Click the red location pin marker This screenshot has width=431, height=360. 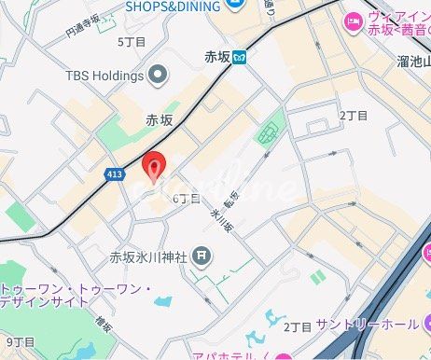(x=153, y=165)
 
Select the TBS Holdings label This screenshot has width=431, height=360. (x=104, y=75)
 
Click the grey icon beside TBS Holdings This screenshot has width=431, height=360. (x=157, y=74)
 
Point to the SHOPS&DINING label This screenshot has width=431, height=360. (x=172, y=6)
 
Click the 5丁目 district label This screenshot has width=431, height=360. (x=132, y=42)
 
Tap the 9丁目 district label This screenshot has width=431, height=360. (x=20, y=342)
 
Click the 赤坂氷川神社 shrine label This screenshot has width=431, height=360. (x=149, y=256)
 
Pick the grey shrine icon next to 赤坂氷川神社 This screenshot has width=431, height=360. (x=202, y=256)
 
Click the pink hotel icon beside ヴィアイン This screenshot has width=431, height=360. (x=352, y=21)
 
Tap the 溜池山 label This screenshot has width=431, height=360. (x=410, y=62)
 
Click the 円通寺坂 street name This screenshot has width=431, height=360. (x=82, y=25)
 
